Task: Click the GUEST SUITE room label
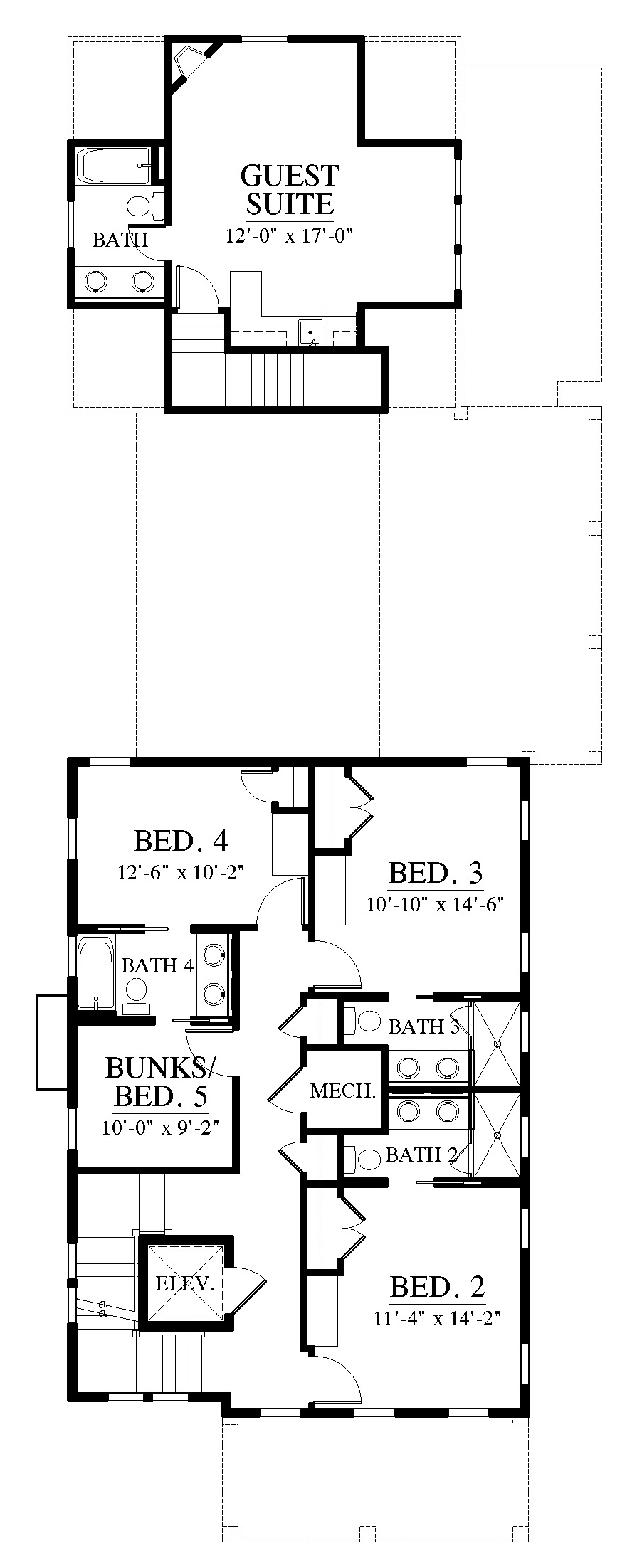[x=290, y=190]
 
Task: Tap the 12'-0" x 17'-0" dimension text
[x=290, y=235]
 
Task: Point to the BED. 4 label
[x=181, y=841]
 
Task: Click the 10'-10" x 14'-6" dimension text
[x=436, y=904]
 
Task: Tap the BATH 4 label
[x=158, y=965]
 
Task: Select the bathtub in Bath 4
[x=96, y=973]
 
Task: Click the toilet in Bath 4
[x=135, y=994]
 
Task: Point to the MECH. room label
[x=343, y=1091]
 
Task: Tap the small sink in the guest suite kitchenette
[x=310, y=332]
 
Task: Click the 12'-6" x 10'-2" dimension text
[x=181, y=872]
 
